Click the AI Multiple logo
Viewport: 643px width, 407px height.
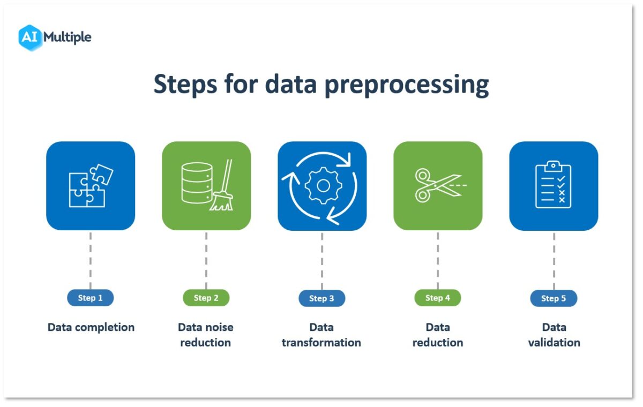coord(55,37)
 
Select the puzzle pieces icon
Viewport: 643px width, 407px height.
coord(91,185)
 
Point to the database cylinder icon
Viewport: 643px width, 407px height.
coord(197,183)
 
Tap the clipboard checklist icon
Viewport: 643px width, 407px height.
coord(554,185)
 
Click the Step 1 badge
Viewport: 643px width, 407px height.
coord(91,298)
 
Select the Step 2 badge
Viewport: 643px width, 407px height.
coord(206,298)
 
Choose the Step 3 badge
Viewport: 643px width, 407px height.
coord(322,298)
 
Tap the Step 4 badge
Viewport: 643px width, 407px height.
coord(438,298)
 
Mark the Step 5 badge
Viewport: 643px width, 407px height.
coord(554,298)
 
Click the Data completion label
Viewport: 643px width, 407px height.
coord(91,327)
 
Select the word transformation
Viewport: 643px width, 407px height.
coord(322,343)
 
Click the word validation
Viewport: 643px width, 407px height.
coord(554,343)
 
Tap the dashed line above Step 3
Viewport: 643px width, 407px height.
coord(322,260)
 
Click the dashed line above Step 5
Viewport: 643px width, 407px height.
coord(554,260)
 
